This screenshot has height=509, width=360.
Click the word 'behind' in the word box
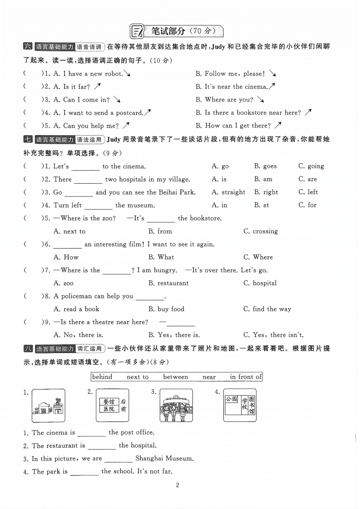102,377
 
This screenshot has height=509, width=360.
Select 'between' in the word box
175,377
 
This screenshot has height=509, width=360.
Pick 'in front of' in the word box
246,377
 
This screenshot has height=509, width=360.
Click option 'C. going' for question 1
311,166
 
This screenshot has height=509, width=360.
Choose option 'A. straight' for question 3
228,192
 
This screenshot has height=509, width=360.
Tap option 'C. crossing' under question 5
261,231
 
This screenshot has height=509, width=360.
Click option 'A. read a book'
76,309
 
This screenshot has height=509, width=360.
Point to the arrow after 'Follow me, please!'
272,73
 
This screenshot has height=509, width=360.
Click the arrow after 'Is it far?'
97,86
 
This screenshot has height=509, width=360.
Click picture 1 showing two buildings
49,406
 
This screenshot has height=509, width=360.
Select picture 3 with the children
177,406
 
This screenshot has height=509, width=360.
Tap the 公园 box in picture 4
231,399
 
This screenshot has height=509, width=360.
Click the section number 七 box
28,140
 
